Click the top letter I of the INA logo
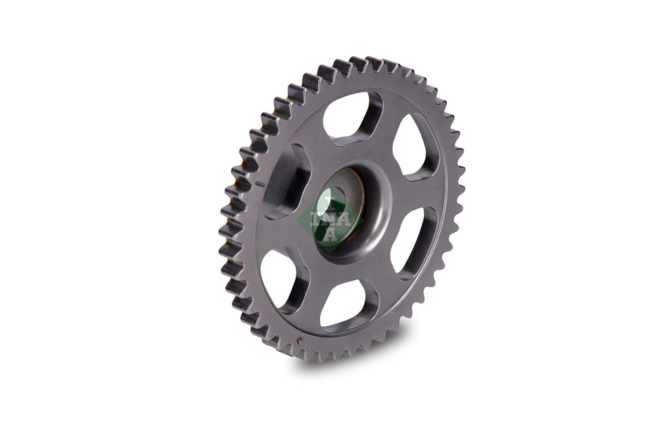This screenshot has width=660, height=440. tap(330, 201)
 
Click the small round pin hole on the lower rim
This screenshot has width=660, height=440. tap(300, 340)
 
